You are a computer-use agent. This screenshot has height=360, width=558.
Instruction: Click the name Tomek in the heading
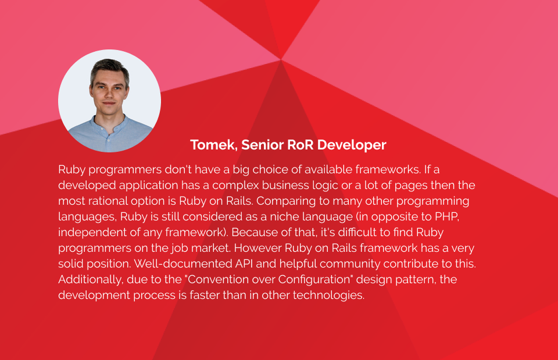[214, 145]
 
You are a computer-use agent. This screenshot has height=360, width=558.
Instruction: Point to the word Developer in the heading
[352, 145]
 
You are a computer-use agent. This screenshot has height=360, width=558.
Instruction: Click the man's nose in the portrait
[109, 94]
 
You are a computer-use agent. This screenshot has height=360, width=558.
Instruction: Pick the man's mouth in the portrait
[109, 104]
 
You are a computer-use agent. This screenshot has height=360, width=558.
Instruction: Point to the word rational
[106, 201]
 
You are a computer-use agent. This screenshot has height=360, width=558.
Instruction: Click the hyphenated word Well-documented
[183, 263]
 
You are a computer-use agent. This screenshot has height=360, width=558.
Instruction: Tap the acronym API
[244, 263]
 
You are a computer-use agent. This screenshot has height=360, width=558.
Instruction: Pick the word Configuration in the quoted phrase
[314, 280]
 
